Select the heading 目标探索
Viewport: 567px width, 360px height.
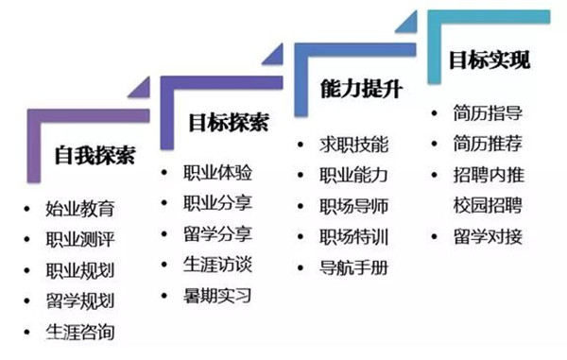(x=227, y=123)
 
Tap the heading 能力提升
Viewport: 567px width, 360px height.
(x=362, y=91)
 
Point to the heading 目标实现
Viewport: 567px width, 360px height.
(x=489, y=60)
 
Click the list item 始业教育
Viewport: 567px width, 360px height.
(x=79, y=208)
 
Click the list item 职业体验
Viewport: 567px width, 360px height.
(x=218, y=173)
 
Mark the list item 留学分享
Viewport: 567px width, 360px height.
(x=218, y=233)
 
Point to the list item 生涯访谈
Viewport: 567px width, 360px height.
(x=218, y=265)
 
